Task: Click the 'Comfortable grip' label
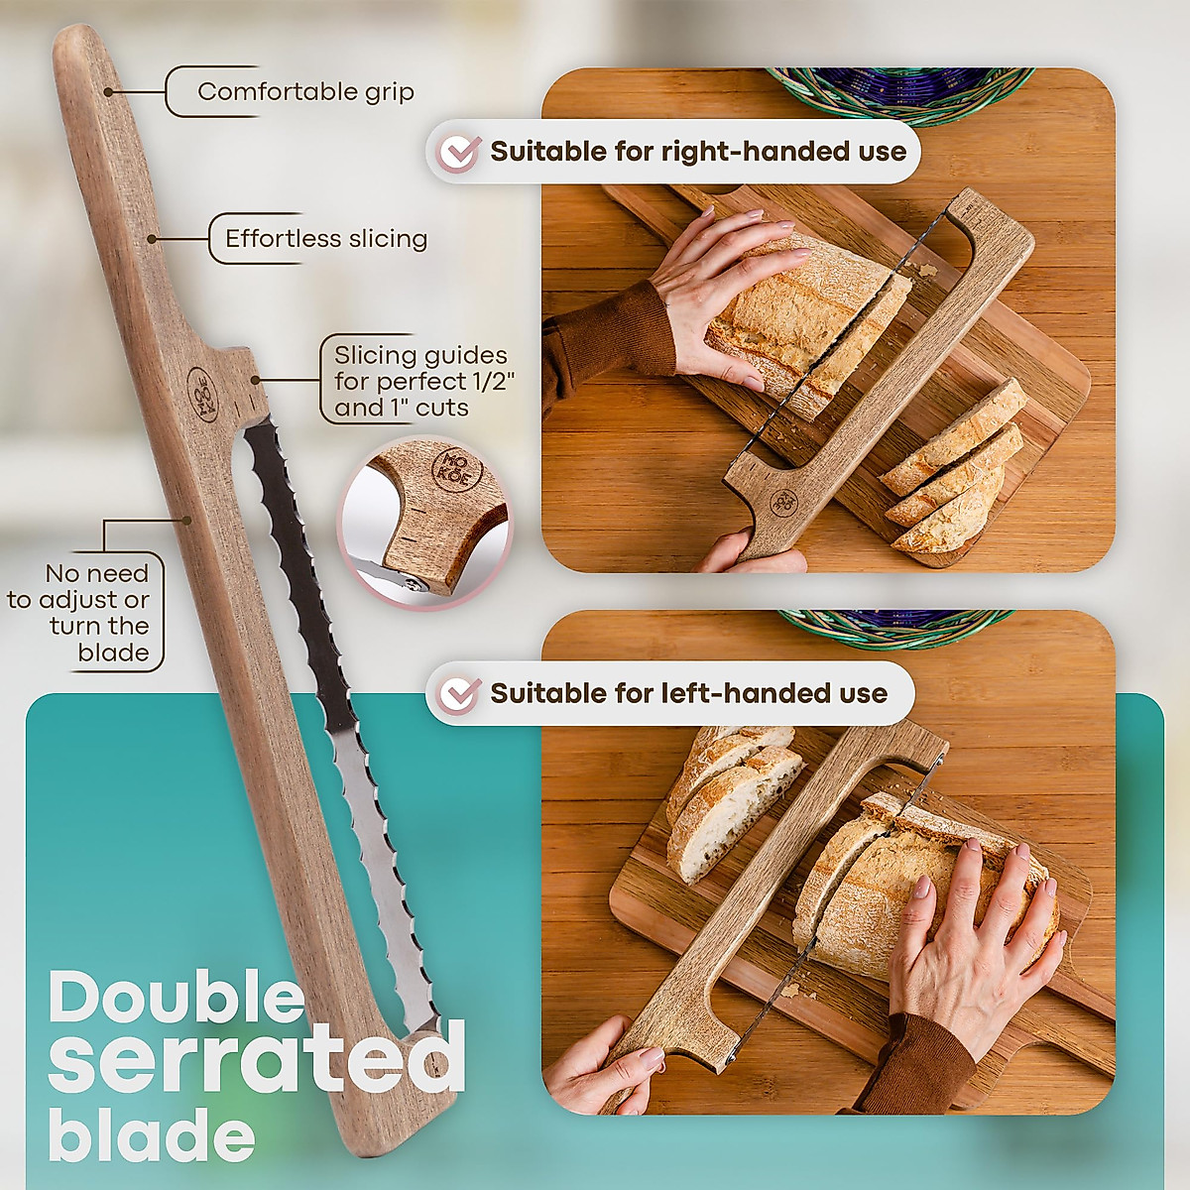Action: click(x=305, y=92)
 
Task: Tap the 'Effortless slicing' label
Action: click(x=325, y=239)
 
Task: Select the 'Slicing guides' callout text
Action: click(x=419, y=381)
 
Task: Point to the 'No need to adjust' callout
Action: click(x=97, y=613)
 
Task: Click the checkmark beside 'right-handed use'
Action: click(x=459, y=153)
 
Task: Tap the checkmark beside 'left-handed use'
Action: click(x=459, y=693)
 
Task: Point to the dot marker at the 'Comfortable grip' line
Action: click(x=107, y=91)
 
